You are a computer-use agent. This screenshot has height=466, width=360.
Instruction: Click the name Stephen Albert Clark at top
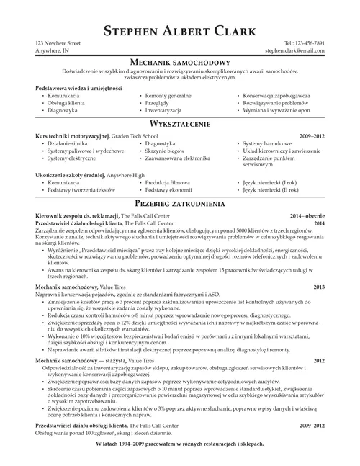(x=179, y=30)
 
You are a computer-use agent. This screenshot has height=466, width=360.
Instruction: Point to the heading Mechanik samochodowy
(x=179, y=63)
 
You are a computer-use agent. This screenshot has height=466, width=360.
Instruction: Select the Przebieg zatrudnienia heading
(x=179, y=203)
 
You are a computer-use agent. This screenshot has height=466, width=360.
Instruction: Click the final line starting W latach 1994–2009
(x=179, y=442)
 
